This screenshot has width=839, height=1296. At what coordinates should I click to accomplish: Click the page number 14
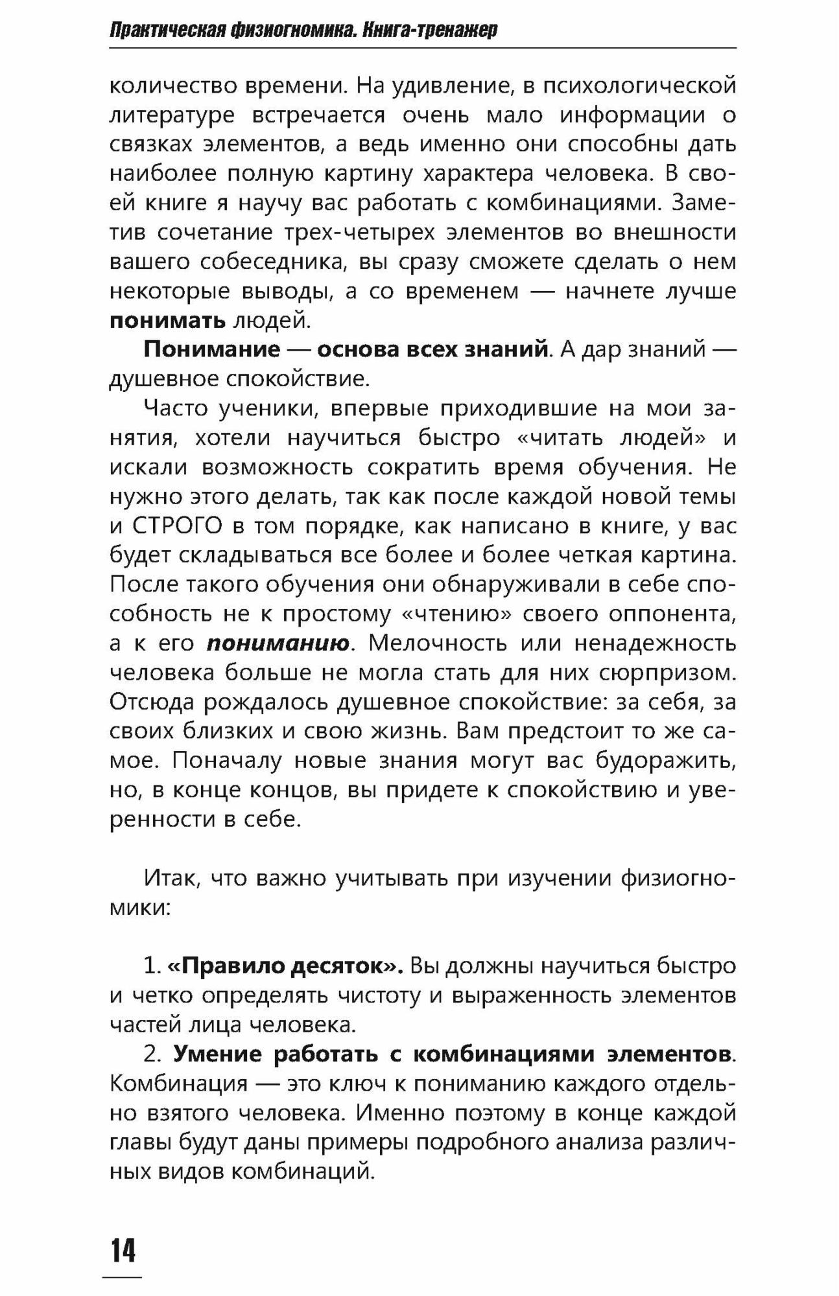coord(123,1251)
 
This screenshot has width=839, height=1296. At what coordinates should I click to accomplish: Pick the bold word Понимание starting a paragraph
coord(211,350)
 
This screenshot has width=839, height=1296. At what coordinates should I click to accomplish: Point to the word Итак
coord(167,878)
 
